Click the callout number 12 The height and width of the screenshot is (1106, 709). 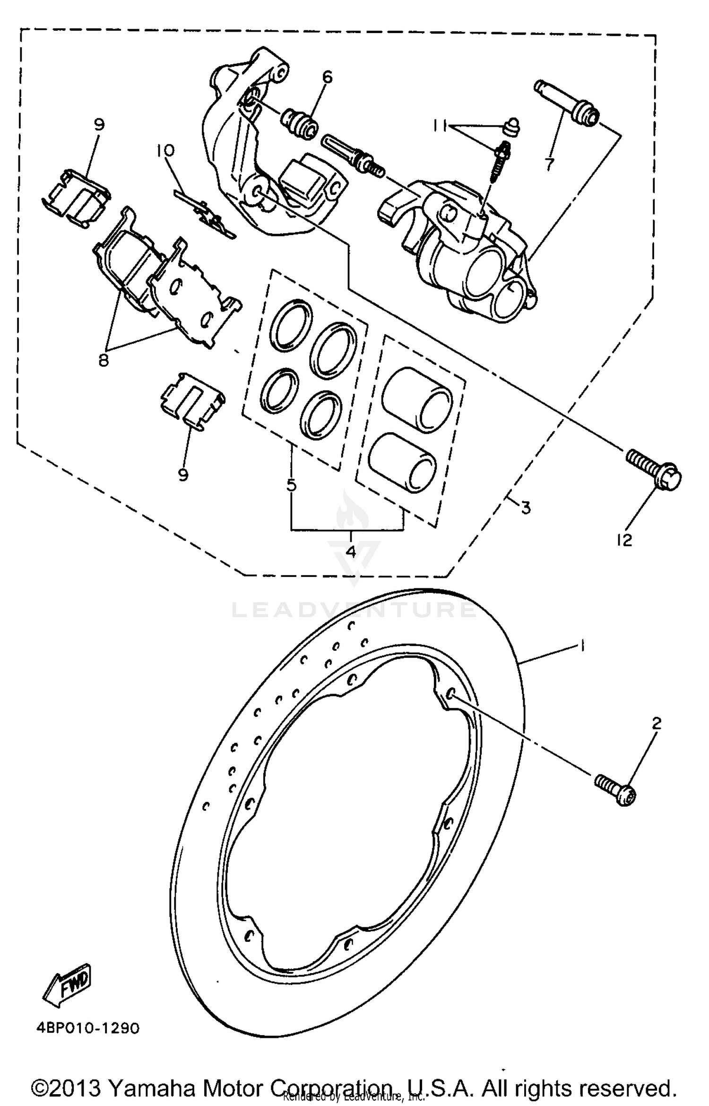(x=625, y=540)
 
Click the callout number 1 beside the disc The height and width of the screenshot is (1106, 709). (x=582, y=645)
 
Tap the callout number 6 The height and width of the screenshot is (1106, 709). (x=327, y=77)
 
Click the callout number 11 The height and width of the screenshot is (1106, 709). (x=441, y=126)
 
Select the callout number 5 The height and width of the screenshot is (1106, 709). (x=291, y=485)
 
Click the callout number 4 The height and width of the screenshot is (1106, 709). (x=351, y=552)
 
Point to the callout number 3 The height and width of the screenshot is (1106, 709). (x=526, y=507)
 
